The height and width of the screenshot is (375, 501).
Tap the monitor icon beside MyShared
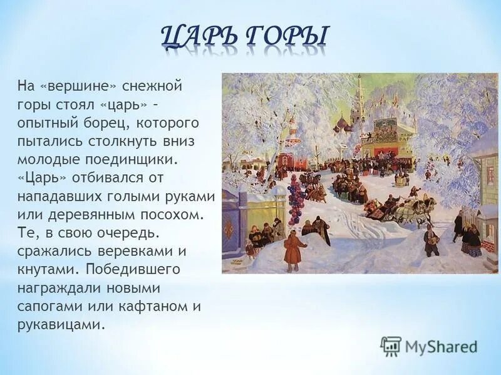[391, 346]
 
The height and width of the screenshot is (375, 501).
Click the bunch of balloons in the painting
[295, 193]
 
